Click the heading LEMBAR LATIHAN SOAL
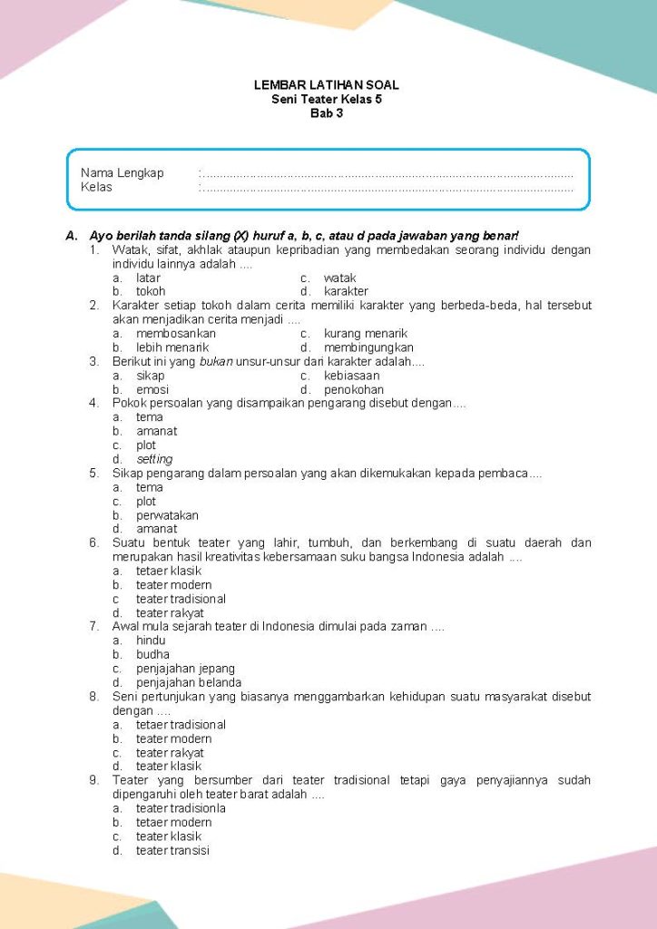point(327,85)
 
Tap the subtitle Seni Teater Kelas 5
point(327,99)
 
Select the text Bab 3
point(327,113)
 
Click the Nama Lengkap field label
point(122,172)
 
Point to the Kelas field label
point(96,187)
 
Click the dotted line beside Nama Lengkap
point(386,173)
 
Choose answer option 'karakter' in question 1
point(346,291)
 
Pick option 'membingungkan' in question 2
point(368,347)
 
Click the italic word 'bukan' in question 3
point(210,361)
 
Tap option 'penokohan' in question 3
point(353,390)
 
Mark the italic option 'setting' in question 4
point(154,459)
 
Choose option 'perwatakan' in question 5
point(167,515)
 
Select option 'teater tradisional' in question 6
point(181,599)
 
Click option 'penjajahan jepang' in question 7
point(185,669)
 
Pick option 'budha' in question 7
point(152,654)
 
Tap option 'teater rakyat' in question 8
point(170,752)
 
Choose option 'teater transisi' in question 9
point(172,850)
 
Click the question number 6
point(93,543)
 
